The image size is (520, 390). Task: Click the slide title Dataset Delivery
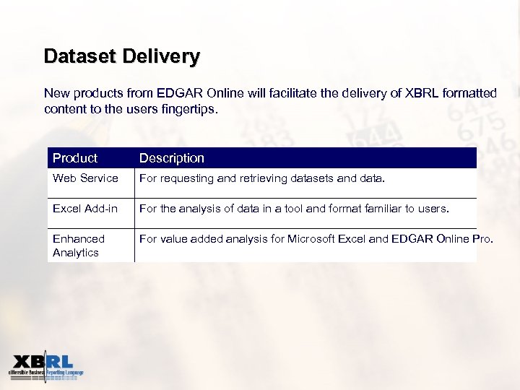pos(121,56)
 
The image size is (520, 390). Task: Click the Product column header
pos(75,158)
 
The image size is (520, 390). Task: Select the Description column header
pos(172,158)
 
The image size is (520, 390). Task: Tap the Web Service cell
pos(85,178)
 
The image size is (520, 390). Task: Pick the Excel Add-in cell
pos(85,209)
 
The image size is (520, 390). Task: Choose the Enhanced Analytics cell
pos(79,246)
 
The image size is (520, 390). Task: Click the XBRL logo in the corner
pos(45,366)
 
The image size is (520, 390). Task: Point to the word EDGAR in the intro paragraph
pos(171,93)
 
